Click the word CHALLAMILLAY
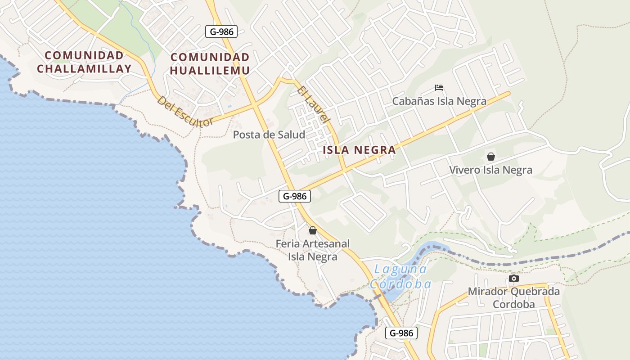tap(84, 69)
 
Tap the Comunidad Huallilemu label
tap(210, 64)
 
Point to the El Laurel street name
tap(314, 105)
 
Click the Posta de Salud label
tap(269, 135)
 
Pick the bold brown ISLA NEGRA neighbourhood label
tap(360, 150)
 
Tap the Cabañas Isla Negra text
tap(439, 101)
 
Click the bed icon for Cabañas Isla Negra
tap(439, 87)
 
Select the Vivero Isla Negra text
tap(490, 170)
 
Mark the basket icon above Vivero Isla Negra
tap(490, 157)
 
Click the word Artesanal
tap(326, 244)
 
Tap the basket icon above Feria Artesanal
tap(313, 230)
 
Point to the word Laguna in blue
tap(400, 270)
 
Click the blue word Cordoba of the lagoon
tap(400, 284)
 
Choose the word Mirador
tap(487, 291)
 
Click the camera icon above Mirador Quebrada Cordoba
tap(514, 279)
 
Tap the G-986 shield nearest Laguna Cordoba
tap(401, 333)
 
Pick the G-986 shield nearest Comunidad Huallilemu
tap(221, 32)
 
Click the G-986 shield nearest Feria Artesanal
tap(295, 196)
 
